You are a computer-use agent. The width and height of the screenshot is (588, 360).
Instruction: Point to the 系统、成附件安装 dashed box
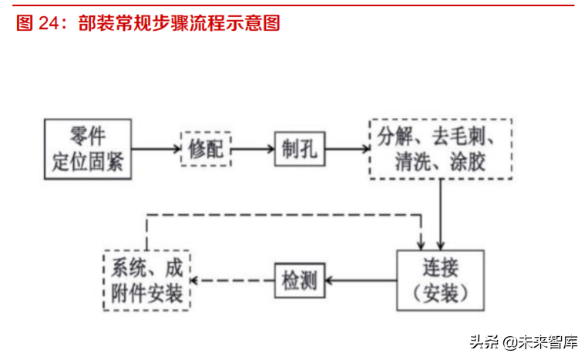147,281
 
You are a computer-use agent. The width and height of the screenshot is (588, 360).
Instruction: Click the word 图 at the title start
24,24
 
